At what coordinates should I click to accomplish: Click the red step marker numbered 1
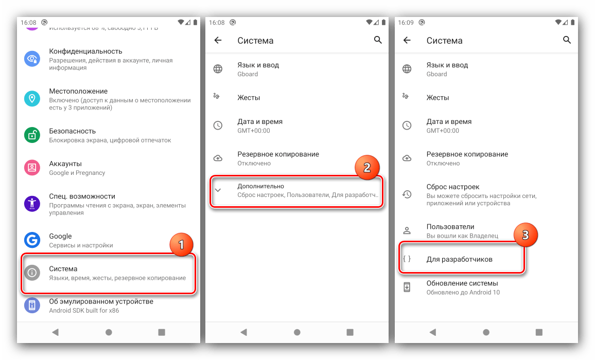pos(181,245)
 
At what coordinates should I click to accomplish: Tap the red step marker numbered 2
pos(367,167)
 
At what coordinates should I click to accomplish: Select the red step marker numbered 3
pos(526,235)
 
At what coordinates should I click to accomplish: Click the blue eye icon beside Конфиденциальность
pos(32,59)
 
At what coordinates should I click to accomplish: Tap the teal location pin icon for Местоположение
pos(32,99)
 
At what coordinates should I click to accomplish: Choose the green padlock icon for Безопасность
pos(32,135)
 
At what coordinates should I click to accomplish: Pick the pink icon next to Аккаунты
pos(32,168)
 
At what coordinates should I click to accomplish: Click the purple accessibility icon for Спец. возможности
pos(32,204)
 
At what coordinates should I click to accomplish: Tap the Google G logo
pos(32,240)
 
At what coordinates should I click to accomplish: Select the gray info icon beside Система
pos(32,273)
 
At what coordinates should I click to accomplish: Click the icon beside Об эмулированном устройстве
pos(32,305)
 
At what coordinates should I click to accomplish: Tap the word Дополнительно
pos(260,186)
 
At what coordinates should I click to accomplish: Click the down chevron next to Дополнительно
pos(218,190)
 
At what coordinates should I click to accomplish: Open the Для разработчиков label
pos(460,260)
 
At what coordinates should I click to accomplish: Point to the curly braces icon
pos(407,259)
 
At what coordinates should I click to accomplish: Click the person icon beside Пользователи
pos(407,230)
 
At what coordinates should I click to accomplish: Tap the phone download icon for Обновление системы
pos(407,287)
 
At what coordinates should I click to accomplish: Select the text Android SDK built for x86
pos(84,310)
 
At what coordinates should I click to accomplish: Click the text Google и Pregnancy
pos(77,173)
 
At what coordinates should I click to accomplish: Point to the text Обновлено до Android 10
pos(463,293)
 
